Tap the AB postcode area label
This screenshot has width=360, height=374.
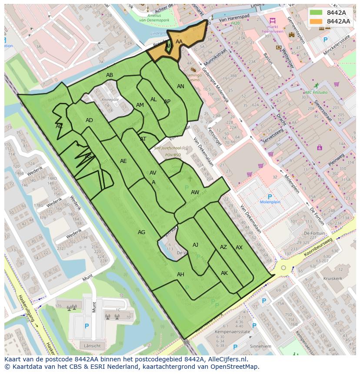click(110, 75)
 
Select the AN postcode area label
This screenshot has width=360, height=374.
click(180, 86)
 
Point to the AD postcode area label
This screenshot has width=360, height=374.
click(89, 120)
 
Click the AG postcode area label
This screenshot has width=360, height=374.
click(141, 232)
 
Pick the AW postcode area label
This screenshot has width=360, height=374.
click(195, 192)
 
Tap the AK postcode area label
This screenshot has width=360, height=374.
click(224, 273)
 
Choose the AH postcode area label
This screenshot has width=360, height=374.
click(180, 275)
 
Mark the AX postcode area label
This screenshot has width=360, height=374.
click(239, 248)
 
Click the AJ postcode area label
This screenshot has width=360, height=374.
click(195, 245)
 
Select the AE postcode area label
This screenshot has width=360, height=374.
click(123, 161)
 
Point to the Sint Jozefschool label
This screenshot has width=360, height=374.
click(167, 148)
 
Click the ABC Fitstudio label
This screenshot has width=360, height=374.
click(316, 92)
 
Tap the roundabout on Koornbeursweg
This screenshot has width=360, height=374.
click(283, 268)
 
